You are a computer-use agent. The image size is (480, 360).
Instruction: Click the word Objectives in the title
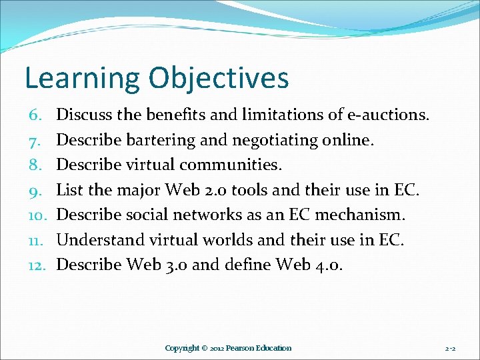click(x=219, y=79)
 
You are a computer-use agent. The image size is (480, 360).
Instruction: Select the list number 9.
click(x=37, y=190)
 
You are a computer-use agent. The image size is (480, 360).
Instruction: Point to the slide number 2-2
click(x=451, y=348)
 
